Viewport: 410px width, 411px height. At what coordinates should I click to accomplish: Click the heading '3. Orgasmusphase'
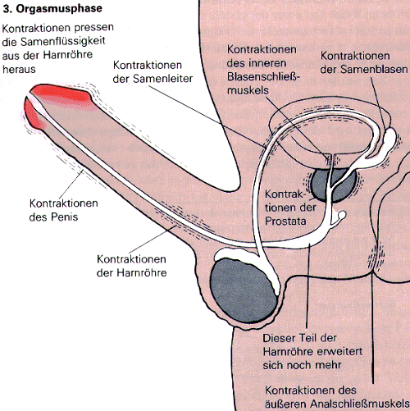pos(52,9)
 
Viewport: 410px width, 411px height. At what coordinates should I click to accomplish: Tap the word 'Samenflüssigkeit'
pos(63,42)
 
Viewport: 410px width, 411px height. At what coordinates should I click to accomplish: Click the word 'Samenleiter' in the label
pos(163,79)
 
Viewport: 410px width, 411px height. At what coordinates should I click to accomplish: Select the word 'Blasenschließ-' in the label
pos(263,77)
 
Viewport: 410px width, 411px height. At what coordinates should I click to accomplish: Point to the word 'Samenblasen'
pos(374,70)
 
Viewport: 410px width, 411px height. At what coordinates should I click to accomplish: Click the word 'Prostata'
pos(285,221)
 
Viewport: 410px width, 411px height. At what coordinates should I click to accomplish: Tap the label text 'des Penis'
pos(53,217)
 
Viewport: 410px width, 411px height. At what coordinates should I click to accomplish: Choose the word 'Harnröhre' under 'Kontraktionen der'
pos(142,273)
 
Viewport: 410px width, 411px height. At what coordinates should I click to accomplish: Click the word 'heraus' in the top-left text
pos(19,70)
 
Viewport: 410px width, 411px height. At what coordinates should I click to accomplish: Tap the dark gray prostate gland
pos(334,185)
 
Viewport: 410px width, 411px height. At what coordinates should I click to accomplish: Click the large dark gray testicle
pos(244,293)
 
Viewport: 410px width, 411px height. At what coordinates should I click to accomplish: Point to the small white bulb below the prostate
pos(342,215)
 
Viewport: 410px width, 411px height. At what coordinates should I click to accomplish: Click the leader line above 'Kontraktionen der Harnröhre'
pos(153,240)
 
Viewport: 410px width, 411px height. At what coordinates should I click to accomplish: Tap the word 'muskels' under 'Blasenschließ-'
pos(248,90)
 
